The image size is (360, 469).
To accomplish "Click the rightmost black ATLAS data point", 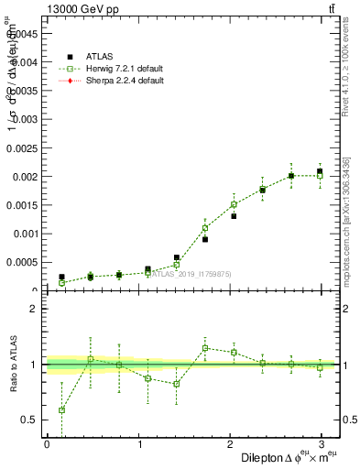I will point(320,171).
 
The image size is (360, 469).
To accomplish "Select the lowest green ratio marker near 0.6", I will point(61,410).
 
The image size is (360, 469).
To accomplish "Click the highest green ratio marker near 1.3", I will point(205,348).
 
